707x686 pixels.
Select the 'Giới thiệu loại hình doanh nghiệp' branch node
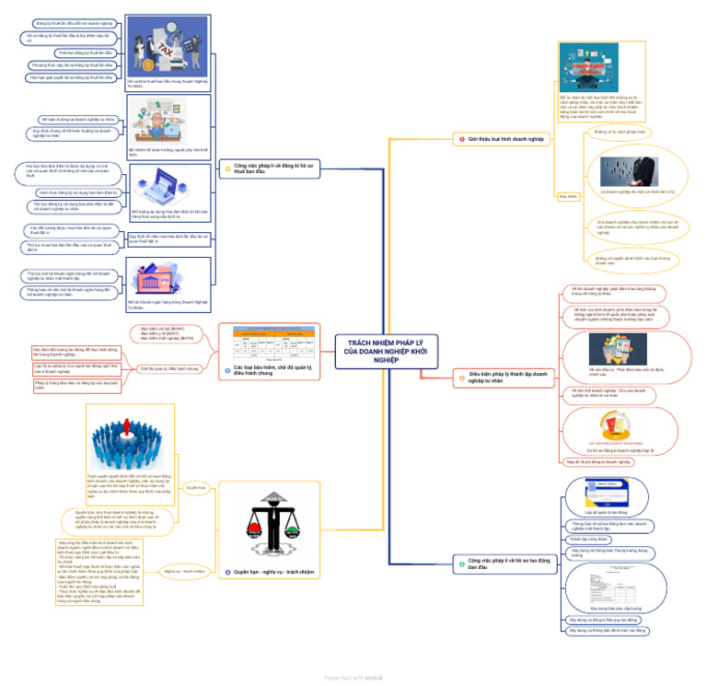(502, 139)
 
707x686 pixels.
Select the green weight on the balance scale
(294, 532)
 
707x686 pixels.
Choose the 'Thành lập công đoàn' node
(585, 539)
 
